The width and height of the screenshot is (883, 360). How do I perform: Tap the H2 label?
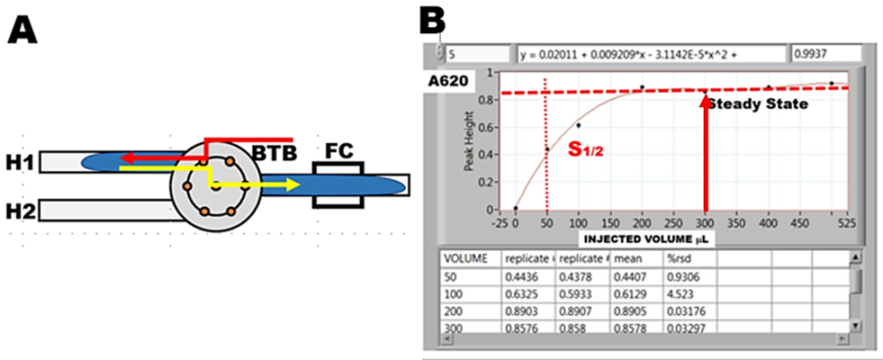(x=20, y=213)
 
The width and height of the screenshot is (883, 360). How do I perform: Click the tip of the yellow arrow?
(x=298, y=185)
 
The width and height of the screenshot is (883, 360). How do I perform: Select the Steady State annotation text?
(x=756, y=104)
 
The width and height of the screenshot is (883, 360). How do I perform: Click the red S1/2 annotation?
(x=586, y=149)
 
